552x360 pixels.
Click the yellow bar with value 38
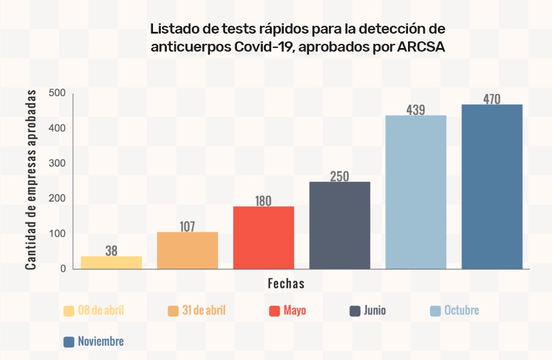tap(112, 263)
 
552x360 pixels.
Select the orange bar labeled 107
tap(187, 250)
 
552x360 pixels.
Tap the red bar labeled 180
tap(263, 238)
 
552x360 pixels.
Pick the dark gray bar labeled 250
tap(340, 225)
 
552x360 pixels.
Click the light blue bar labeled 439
tap(416, 192)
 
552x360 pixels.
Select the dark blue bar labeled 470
tap(492, 187)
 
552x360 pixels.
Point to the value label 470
tap(492, 99)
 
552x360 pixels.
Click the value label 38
tap(112, 251)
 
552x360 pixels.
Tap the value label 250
tap(340, 176)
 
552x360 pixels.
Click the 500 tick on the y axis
tap(58, 93)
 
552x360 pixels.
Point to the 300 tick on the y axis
tap(58, 163)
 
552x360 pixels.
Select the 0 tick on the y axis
tap(62, 269)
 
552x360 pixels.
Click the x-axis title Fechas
tap(286, 284)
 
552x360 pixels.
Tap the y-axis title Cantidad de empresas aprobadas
tap(31, 180)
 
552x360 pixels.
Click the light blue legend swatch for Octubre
tap(436, 311)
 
